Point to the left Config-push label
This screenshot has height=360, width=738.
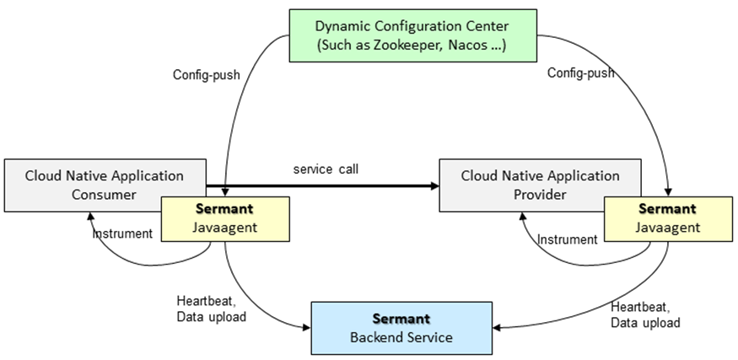pos(207,74)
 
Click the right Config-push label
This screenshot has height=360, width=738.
pos(580,73)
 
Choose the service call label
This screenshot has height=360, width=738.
pos(326,169)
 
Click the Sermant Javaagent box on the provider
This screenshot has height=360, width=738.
pos(666,218)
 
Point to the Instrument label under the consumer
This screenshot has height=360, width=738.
pos(122,234)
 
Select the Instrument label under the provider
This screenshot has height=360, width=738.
pos(567,239)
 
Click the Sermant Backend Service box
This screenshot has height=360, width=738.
pos(401,328)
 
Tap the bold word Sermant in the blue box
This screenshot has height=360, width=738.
pos(401,319)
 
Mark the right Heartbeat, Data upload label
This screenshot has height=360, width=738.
pos(647,314)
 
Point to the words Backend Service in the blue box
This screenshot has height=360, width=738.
pos(401,337)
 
